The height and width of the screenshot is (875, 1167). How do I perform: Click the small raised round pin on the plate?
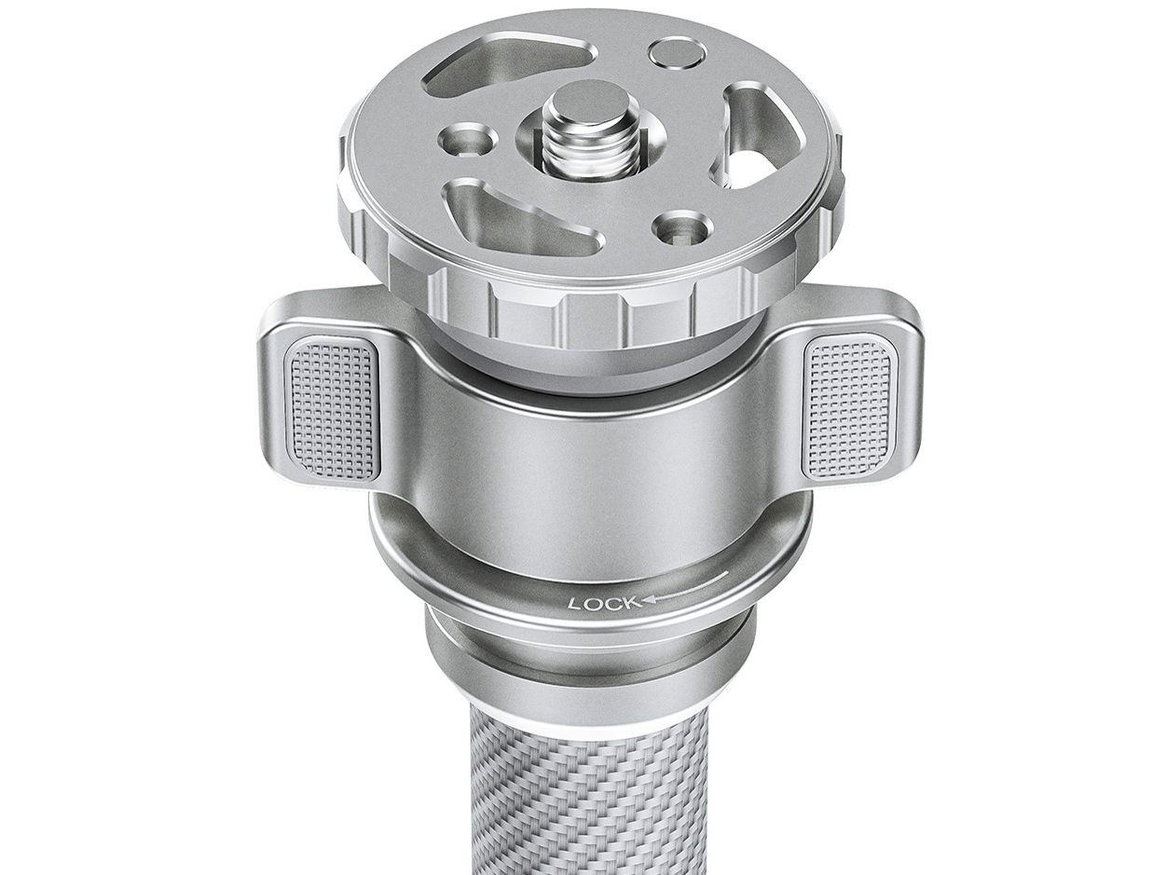pos(676,52)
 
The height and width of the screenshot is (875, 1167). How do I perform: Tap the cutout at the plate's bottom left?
pos(517,220)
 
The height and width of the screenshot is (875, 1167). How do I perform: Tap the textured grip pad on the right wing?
pos(846,406)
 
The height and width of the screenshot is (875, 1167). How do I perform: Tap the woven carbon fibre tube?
pos(587,801)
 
